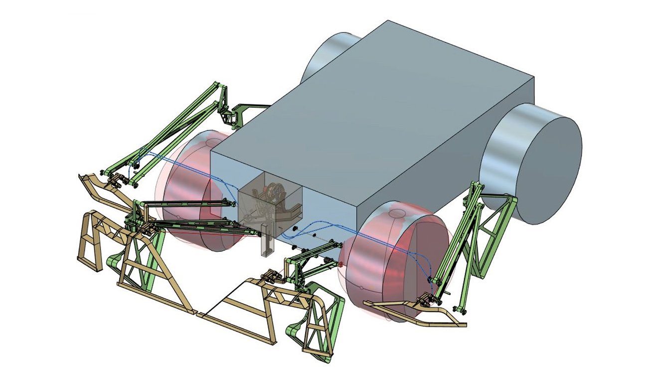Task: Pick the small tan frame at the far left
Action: (92, 239)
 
